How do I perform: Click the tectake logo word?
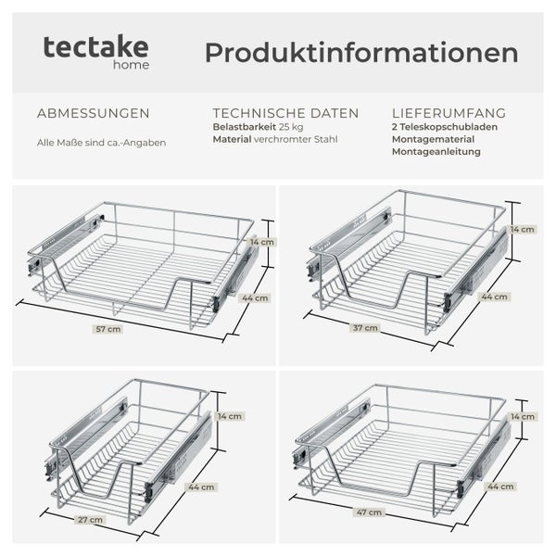point(96,47)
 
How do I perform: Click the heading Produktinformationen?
point(361,53)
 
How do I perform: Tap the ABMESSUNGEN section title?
point(93,113)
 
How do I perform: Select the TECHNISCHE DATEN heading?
point(285,113)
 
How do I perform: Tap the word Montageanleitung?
point(436,151)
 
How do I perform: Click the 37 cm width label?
point(365,327)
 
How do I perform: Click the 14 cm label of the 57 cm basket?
point(262,242)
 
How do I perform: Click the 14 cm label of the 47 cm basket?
point(523,417)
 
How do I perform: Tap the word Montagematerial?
point(435,139)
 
